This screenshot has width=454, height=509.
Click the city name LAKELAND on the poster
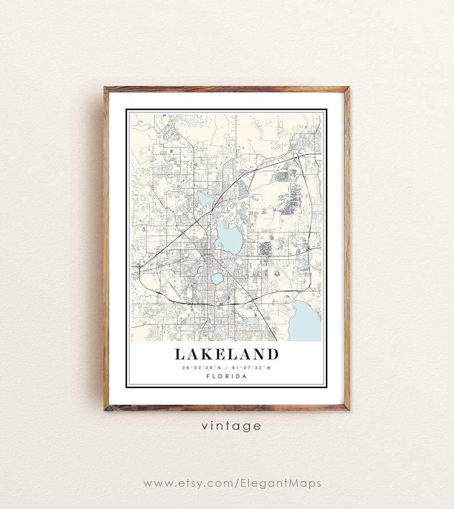coord(226,354)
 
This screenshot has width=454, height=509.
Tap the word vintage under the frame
coord(231,426)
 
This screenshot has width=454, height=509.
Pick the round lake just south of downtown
coord(217,279)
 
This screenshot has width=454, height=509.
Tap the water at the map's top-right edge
coord(317,141)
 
